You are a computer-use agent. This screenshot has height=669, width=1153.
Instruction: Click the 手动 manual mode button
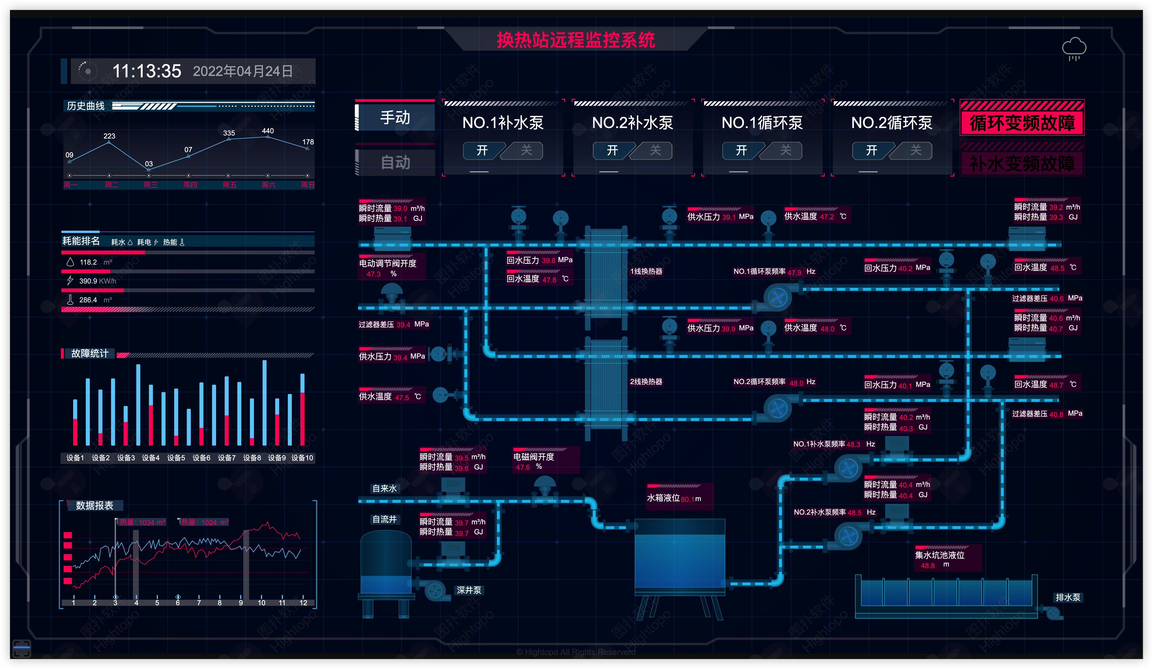[x=395, y=118]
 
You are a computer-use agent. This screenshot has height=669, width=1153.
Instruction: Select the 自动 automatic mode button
[x=395, y=162]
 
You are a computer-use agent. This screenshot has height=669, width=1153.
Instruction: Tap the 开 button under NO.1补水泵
[x=482, y=150]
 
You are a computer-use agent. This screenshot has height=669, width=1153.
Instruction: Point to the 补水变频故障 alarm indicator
[x=1022, y=163]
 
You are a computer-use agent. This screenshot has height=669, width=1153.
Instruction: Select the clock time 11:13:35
[x=147, y=72]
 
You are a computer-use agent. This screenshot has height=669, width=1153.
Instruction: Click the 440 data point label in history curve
[x=268, y=131]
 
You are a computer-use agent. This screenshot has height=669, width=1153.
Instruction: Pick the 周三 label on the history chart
[x=150, y=185]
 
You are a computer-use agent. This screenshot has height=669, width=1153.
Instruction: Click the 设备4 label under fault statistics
[x=150, y=458]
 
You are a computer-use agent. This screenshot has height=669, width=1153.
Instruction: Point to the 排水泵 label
[x=1067, y=597]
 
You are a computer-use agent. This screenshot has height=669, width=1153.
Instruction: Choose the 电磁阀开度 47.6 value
[x=523, y=467]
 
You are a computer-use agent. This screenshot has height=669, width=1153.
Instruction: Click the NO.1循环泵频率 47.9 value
[x=794, y=272]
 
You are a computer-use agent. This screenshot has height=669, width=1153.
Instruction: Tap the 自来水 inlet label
[x=384, y=489]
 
